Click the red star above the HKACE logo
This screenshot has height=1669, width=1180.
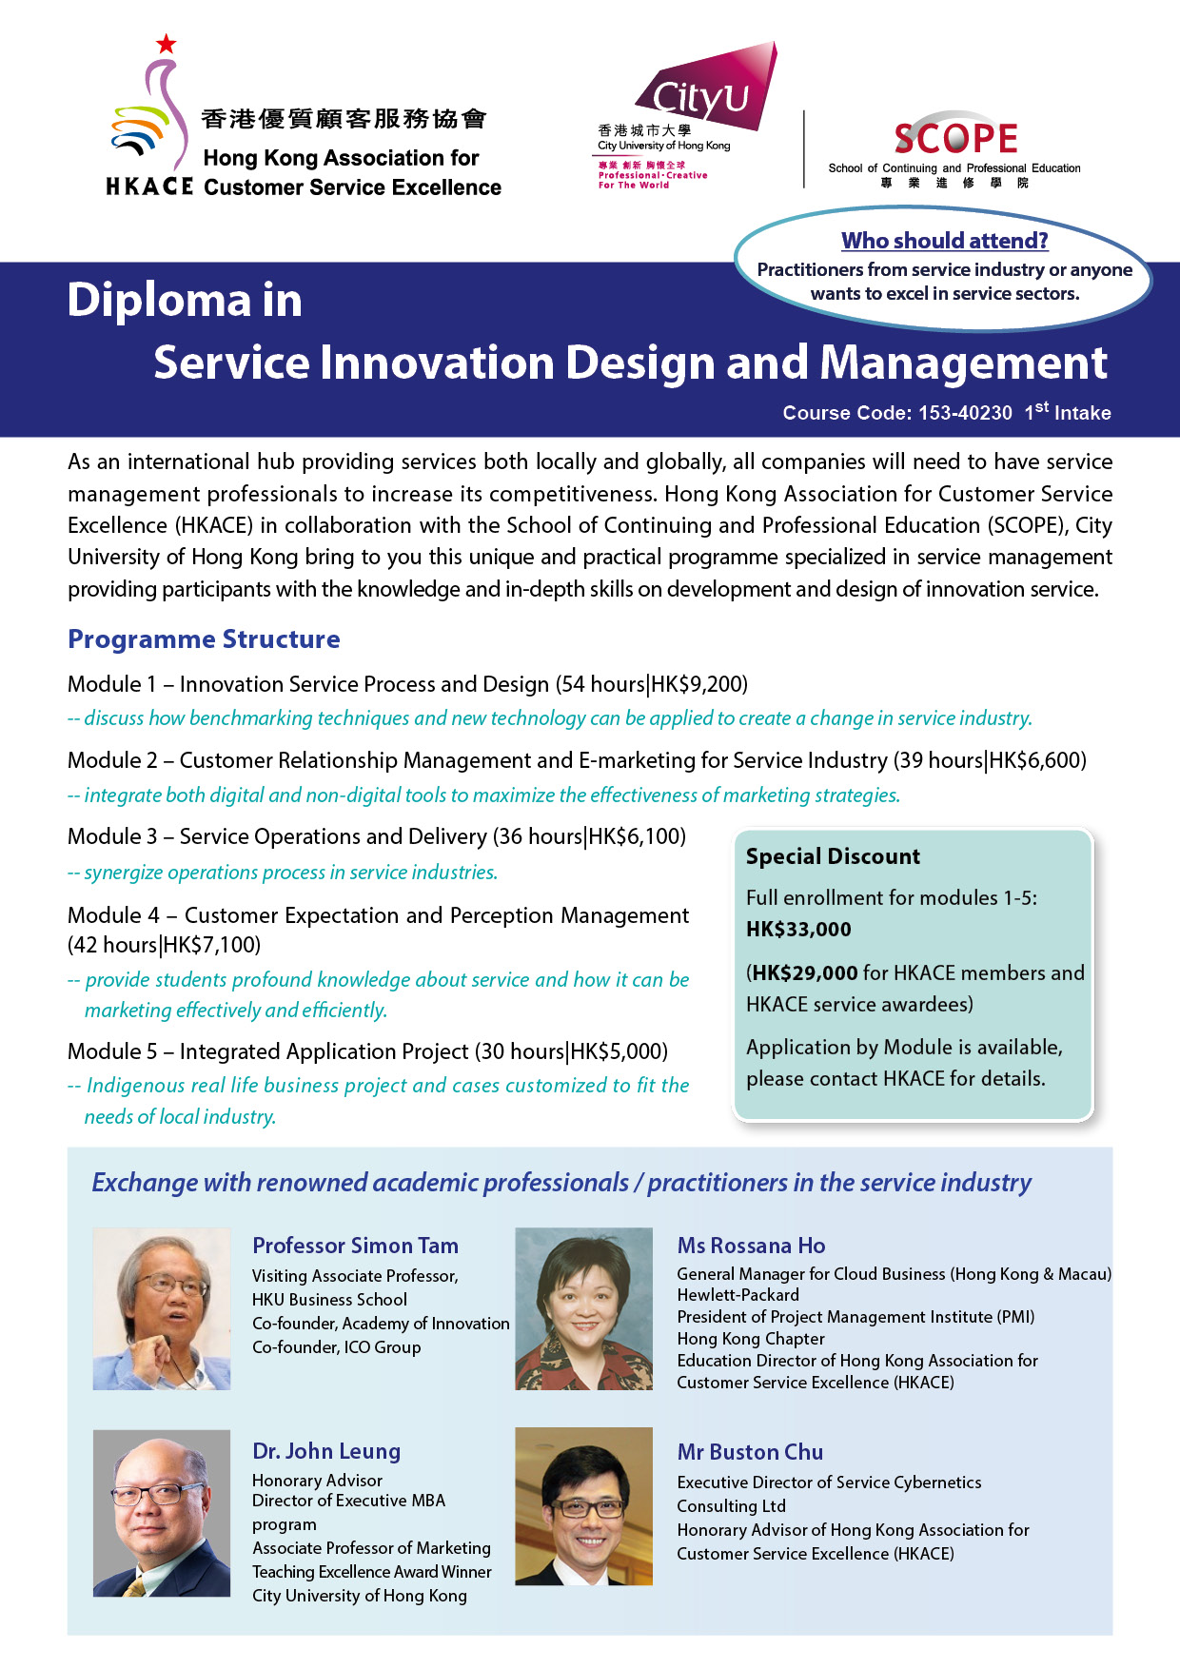click(x=167, y=44)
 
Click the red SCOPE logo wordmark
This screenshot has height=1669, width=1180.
click(x=955, y=139)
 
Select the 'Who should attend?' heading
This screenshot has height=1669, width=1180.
click(x=944, y=241)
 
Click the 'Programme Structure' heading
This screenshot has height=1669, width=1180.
click(x=204, y=639)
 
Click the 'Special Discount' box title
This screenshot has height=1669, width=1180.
click(x=833, y=856)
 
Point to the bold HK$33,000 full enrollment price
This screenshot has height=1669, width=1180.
click(x=798, y=930)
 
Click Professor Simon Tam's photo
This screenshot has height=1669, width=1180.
click(x=162, y=1308)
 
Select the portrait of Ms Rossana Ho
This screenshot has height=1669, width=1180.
click(x=583, y=1308)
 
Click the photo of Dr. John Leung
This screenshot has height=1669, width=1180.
click(x=162, y=1513)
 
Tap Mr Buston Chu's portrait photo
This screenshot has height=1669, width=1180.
click(x=583, y=1506)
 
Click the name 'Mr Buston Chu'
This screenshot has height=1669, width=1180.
click(x=750, y=1452)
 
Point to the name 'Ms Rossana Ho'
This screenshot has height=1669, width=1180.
click(x=751, y=1246)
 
